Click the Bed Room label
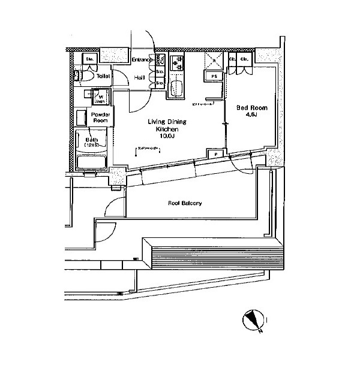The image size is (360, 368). [x=248, y=108]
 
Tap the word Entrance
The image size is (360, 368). [x=143, y=59]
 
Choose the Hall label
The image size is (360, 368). [x=140, y=77]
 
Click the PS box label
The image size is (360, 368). [x=212, y=76]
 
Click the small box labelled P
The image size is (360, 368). [x=215, y=154]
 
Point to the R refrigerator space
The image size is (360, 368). [x=212, y=60]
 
